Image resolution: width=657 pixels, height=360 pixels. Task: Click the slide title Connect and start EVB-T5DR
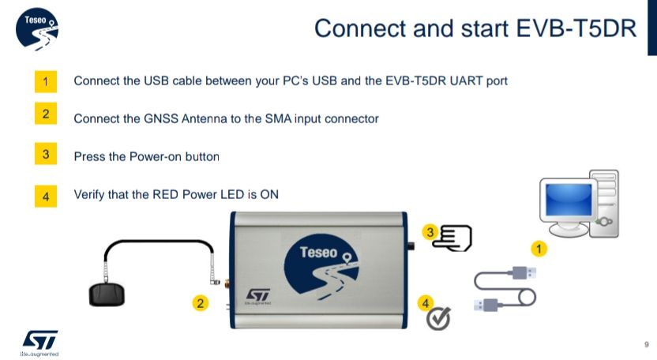(475, 28)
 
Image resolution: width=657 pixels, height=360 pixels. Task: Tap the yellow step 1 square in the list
(47, 81)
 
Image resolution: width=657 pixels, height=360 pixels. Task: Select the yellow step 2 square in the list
(47, 115)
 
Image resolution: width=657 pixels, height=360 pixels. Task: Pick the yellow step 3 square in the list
(47, 155)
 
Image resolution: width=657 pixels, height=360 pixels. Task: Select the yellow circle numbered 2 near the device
(201, 302)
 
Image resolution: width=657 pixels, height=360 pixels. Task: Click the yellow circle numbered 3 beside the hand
(430, 231)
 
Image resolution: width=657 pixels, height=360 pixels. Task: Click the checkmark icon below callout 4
(438, 318)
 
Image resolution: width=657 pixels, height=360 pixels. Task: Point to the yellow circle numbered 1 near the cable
(540, 249)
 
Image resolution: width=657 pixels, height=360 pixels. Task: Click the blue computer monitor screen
(568, 200)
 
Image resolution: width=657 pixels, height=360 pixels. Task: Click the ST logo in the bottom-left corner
(39, 340)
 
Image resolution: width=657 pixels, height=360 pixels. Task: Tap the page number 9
(647, 344)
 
